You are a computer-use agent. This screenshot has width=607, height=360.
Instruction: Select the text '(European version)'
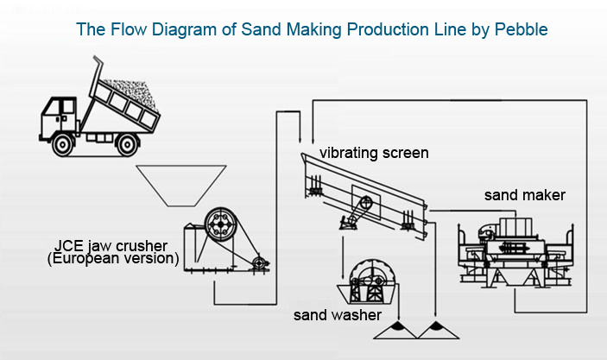tap(112, 258)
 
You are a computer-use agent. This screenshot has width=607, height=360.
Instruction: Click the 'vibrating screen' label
tap(374, 153)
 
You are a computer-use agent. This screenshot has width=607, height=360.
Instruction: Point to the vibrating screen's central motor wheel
tap(365, 205)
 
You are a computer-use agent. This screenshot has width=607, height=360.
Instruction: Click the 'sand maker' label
tap(524, 195)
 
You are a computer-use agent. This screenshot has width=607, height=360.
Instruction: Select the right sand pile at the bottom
tap(433, 330)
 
